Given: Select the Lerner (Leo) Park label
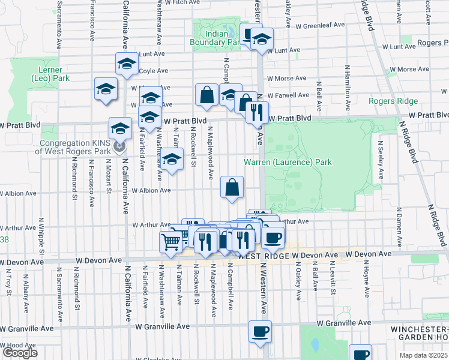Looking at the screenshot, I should tap(50, 73).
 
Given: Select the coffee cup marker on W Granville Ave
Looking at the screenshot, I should tap(260, 331).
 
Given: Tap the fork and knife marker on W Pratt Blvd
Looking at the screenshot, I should tap(256, 112).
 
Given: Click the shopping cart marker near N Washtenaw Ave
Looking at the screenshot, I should tap(171, 241).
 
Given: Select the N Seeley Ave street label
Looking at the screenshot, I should tap(380, 160).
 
